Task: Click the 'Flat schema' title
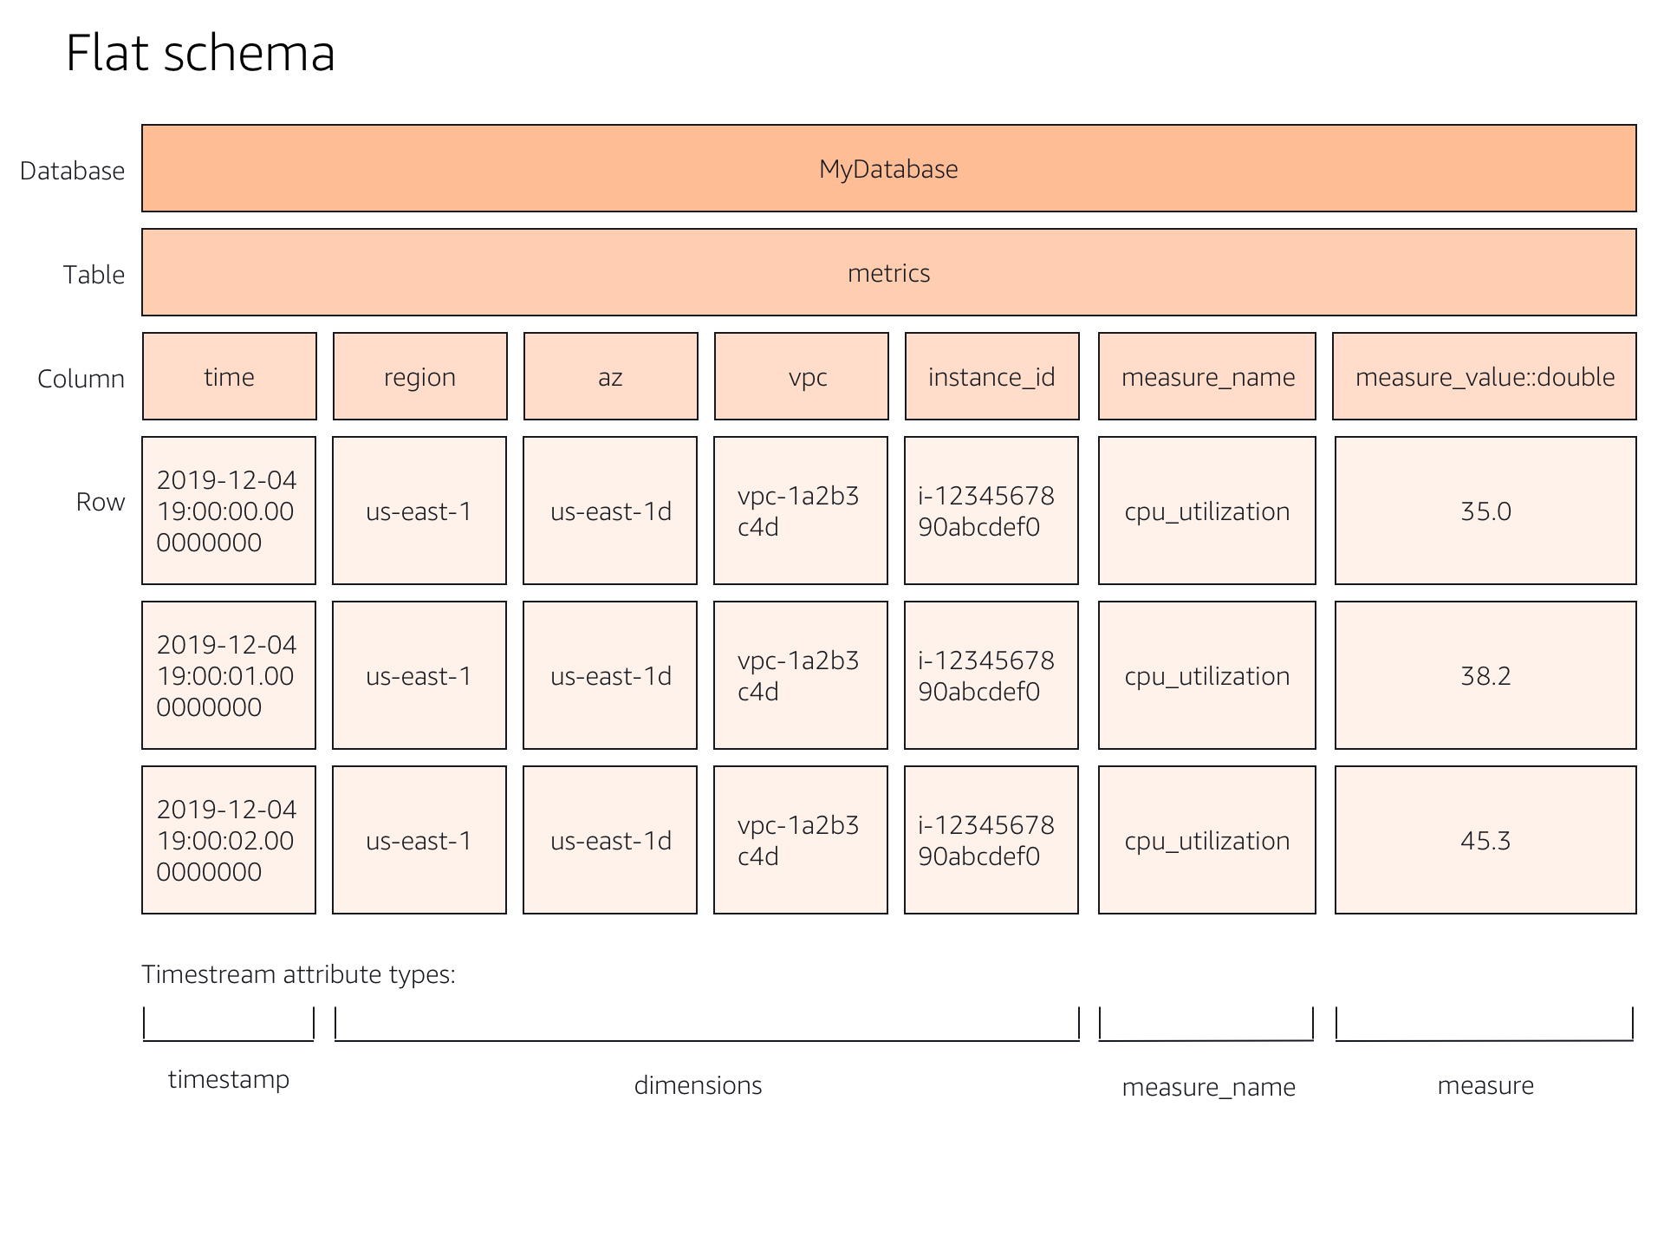pyautogui.click(x=200, y=54)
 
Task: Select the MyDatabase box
pyautogui.click(x=888, y=168)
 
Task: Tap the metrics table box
pyautogui.click(x=888, y=273)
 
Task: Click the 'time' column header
pyautogui.click(x=229, y=377)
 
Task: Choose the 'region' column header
pyautogui.click(x=419, y=377)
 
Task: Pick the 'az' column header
pyautogui.click(x=610, y=377)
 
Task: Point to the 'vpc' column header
pyautogui.click(x=802, y=377)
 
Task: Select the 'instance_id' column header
pyautogui.click(x=991, y=377)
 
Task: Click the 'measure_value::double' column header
pyautogui.click(x=1485, y=377)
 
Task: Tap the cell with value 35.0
pyautogui.click(x=1485, y=511)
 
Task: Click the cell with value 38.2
pyautogui.click(x=1485, y=676)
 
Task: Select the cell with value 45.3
pyautogui.click(x=1485, y=841)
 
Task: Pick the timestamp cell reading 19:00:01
pyautogui.click(x=228, y=676)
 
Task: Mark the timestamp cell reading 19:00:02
pyautogui.click(x=228, y=841)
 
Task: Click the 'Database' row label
pyautogui.click(x=72, y=171)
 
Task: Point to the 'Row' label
pyautogui.click(x=101, y=502)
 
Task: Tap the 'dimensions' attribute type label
pyautogui.click(x=698, y=1085)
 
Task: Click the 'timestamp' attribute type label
pyautogui.click(x=229, y=1079)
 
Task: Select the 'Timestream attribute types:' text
pyautogui.click(x=298, y=974)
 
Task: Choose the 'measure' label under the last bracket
pyautogui.click(x=1485, y=1085)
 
